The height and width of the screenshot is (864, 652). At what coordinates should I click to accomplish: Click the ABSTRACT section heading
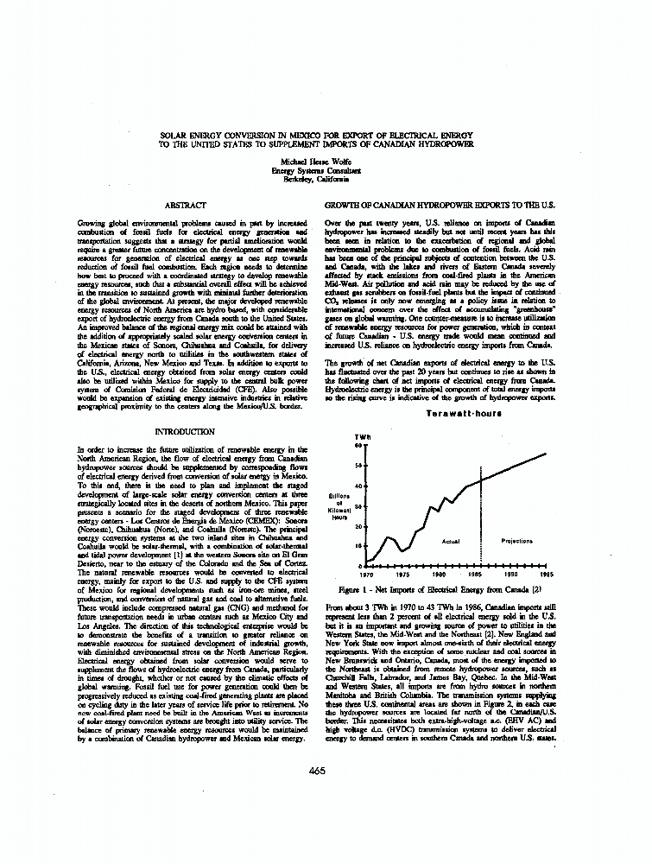coord(185,206)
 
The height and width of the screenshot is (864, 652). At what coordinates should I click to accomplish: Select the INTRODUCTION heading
coord(184,430)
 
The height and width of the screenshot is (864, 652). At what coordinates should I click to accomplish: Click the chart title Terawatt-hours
coord(458,414)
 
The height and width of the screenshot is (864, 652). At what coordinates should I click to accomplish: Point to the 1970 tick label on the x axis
coord(366,574)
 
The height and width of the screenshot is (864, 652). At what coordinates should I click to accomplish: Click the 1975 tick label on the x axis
coord(402,574)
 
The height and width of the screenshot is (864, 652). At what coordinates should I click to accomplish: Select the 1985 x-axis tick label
coord(474,574)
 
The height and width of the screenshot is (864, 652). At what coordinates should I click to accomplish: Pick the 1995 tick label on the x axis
coord(547,574)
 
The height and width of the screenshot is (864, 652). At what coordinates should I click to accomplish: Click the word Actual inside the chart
coord(450,541)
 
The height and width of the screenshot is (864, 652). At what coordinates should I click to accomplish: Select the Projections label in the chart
coord(516,541)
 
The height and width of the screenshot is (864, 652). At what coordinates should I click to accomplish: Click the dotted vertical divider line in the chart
coord(481,518)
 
